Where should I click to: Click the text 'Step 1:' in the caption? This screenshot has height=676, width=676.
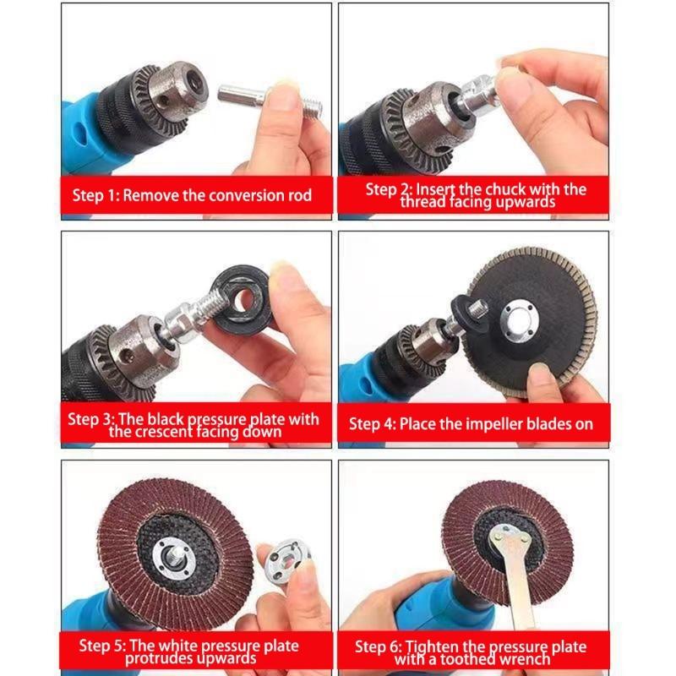click(95, 195)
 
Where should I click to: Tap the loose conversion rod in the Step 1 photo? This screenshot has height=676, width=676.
click(258, 96)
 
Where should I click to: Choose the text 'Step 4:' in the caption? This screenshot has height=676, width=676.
click(373, 423)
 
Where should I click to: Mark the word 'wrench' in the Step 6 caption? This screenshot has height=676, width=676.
click(526, 658)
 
